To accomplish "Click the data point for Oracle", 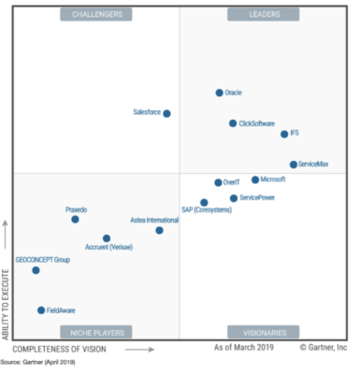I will point(220,93).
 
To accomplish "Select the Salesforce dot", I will point(166,113).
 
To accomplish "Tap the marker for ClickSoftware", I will point(233,122).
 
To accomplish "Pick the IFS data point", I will point(284,134).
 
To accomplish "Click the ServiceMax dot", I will point(294,164).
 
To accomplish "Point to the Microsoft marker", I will point(255,180).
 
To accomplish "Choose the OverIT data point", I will point(218,182).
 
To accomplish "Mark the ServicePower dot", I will point(234,198).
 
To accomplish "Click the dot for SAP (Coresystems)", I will point(204,202).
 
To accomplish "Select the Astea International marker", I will point(159,230).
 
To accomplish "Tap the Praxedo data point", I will point(75,219).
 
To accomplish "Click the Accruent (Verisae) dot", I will point(106,238).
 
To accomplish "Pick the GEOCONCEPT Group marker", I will point(36,270).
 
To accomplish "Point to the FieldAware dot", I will point(41,309).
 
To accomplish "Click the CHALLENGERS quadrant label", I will point(96,14).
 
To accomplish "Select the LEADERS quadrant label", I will point(263,14).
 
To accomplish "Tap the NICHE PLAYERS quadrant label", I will point(95,332).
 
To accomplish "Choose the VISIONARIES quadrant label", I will point(262,332).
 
